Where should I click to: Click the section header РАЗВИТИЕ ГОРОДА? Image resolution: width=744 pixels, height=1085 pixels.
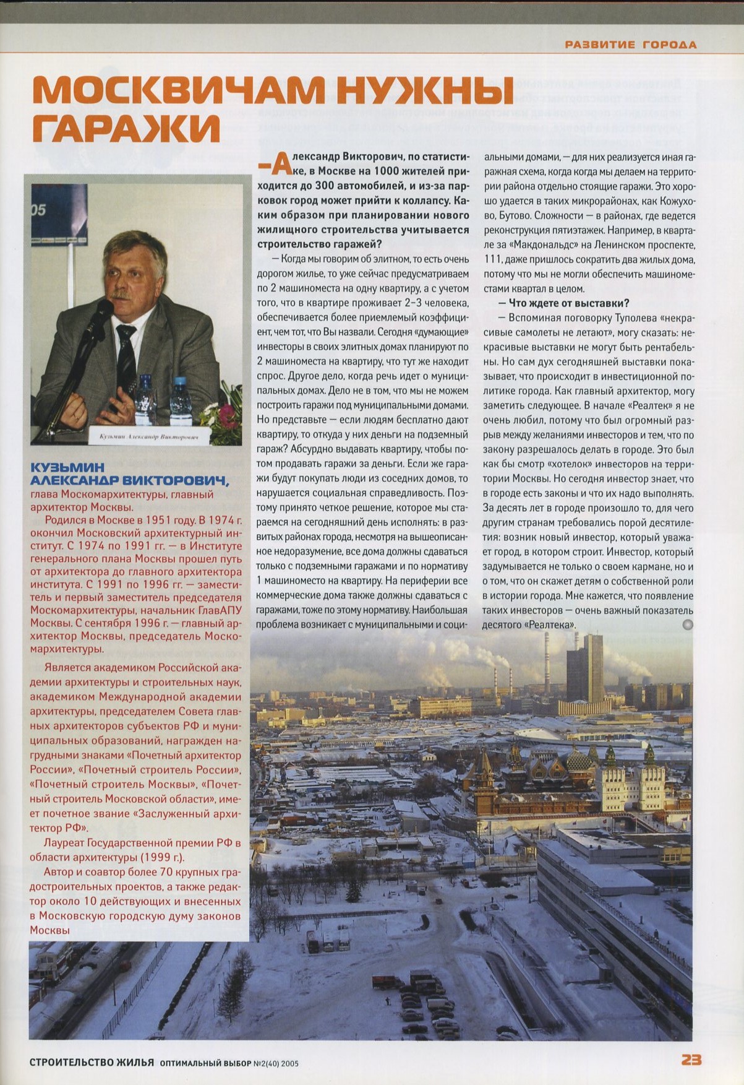point(631,45)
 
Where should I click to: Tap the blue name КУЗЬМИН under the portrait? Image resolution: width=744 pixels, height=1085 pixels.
point(67,467)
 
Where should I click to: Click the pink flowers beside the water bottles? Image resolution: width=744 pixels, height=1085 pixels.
point(223,412)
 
